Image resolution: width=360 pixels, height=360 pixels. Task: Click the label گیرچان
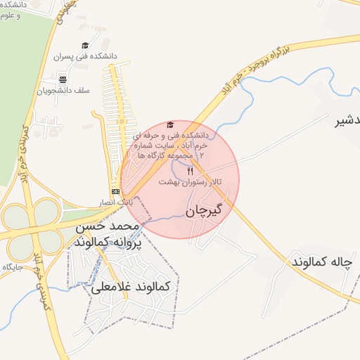coord(205,210)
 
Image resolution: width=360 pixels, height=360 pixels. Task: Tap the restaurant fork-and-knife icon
coord(189,172)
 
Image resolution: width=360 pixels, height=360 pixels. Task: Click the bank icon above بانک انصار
coord(115,191)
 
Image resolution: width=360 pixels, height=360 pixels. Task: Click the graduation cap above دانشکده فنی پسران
coord(85,46)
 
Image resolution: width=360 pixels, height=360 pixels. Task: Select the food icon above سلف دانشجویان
coord(63,79)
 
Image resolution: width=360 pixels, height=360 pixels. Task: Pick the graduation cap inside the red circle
coord(170,124)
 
